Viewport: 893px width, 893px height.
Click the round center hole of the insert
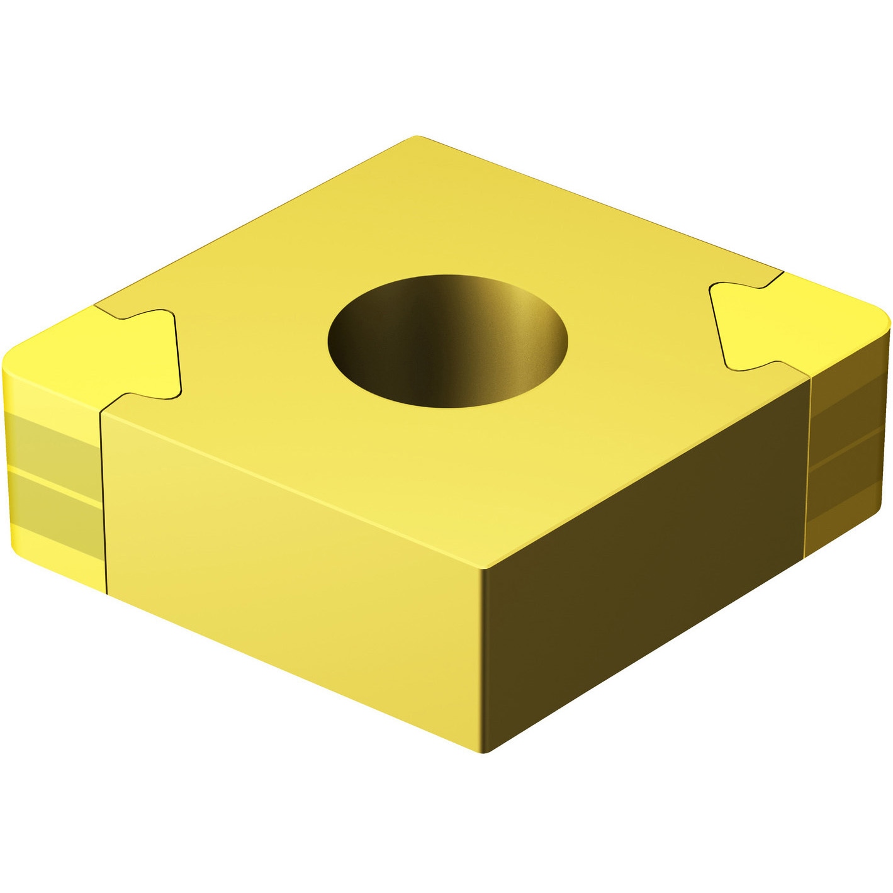[x=447, y=340]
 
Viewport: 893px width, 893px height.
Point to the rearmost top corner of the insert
[x=416, y=138]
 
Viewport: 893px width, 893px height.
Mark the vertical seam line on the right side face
[x=808, y=466]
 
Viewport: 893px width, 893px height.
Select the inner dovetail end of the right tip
[x=717, y=324]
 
